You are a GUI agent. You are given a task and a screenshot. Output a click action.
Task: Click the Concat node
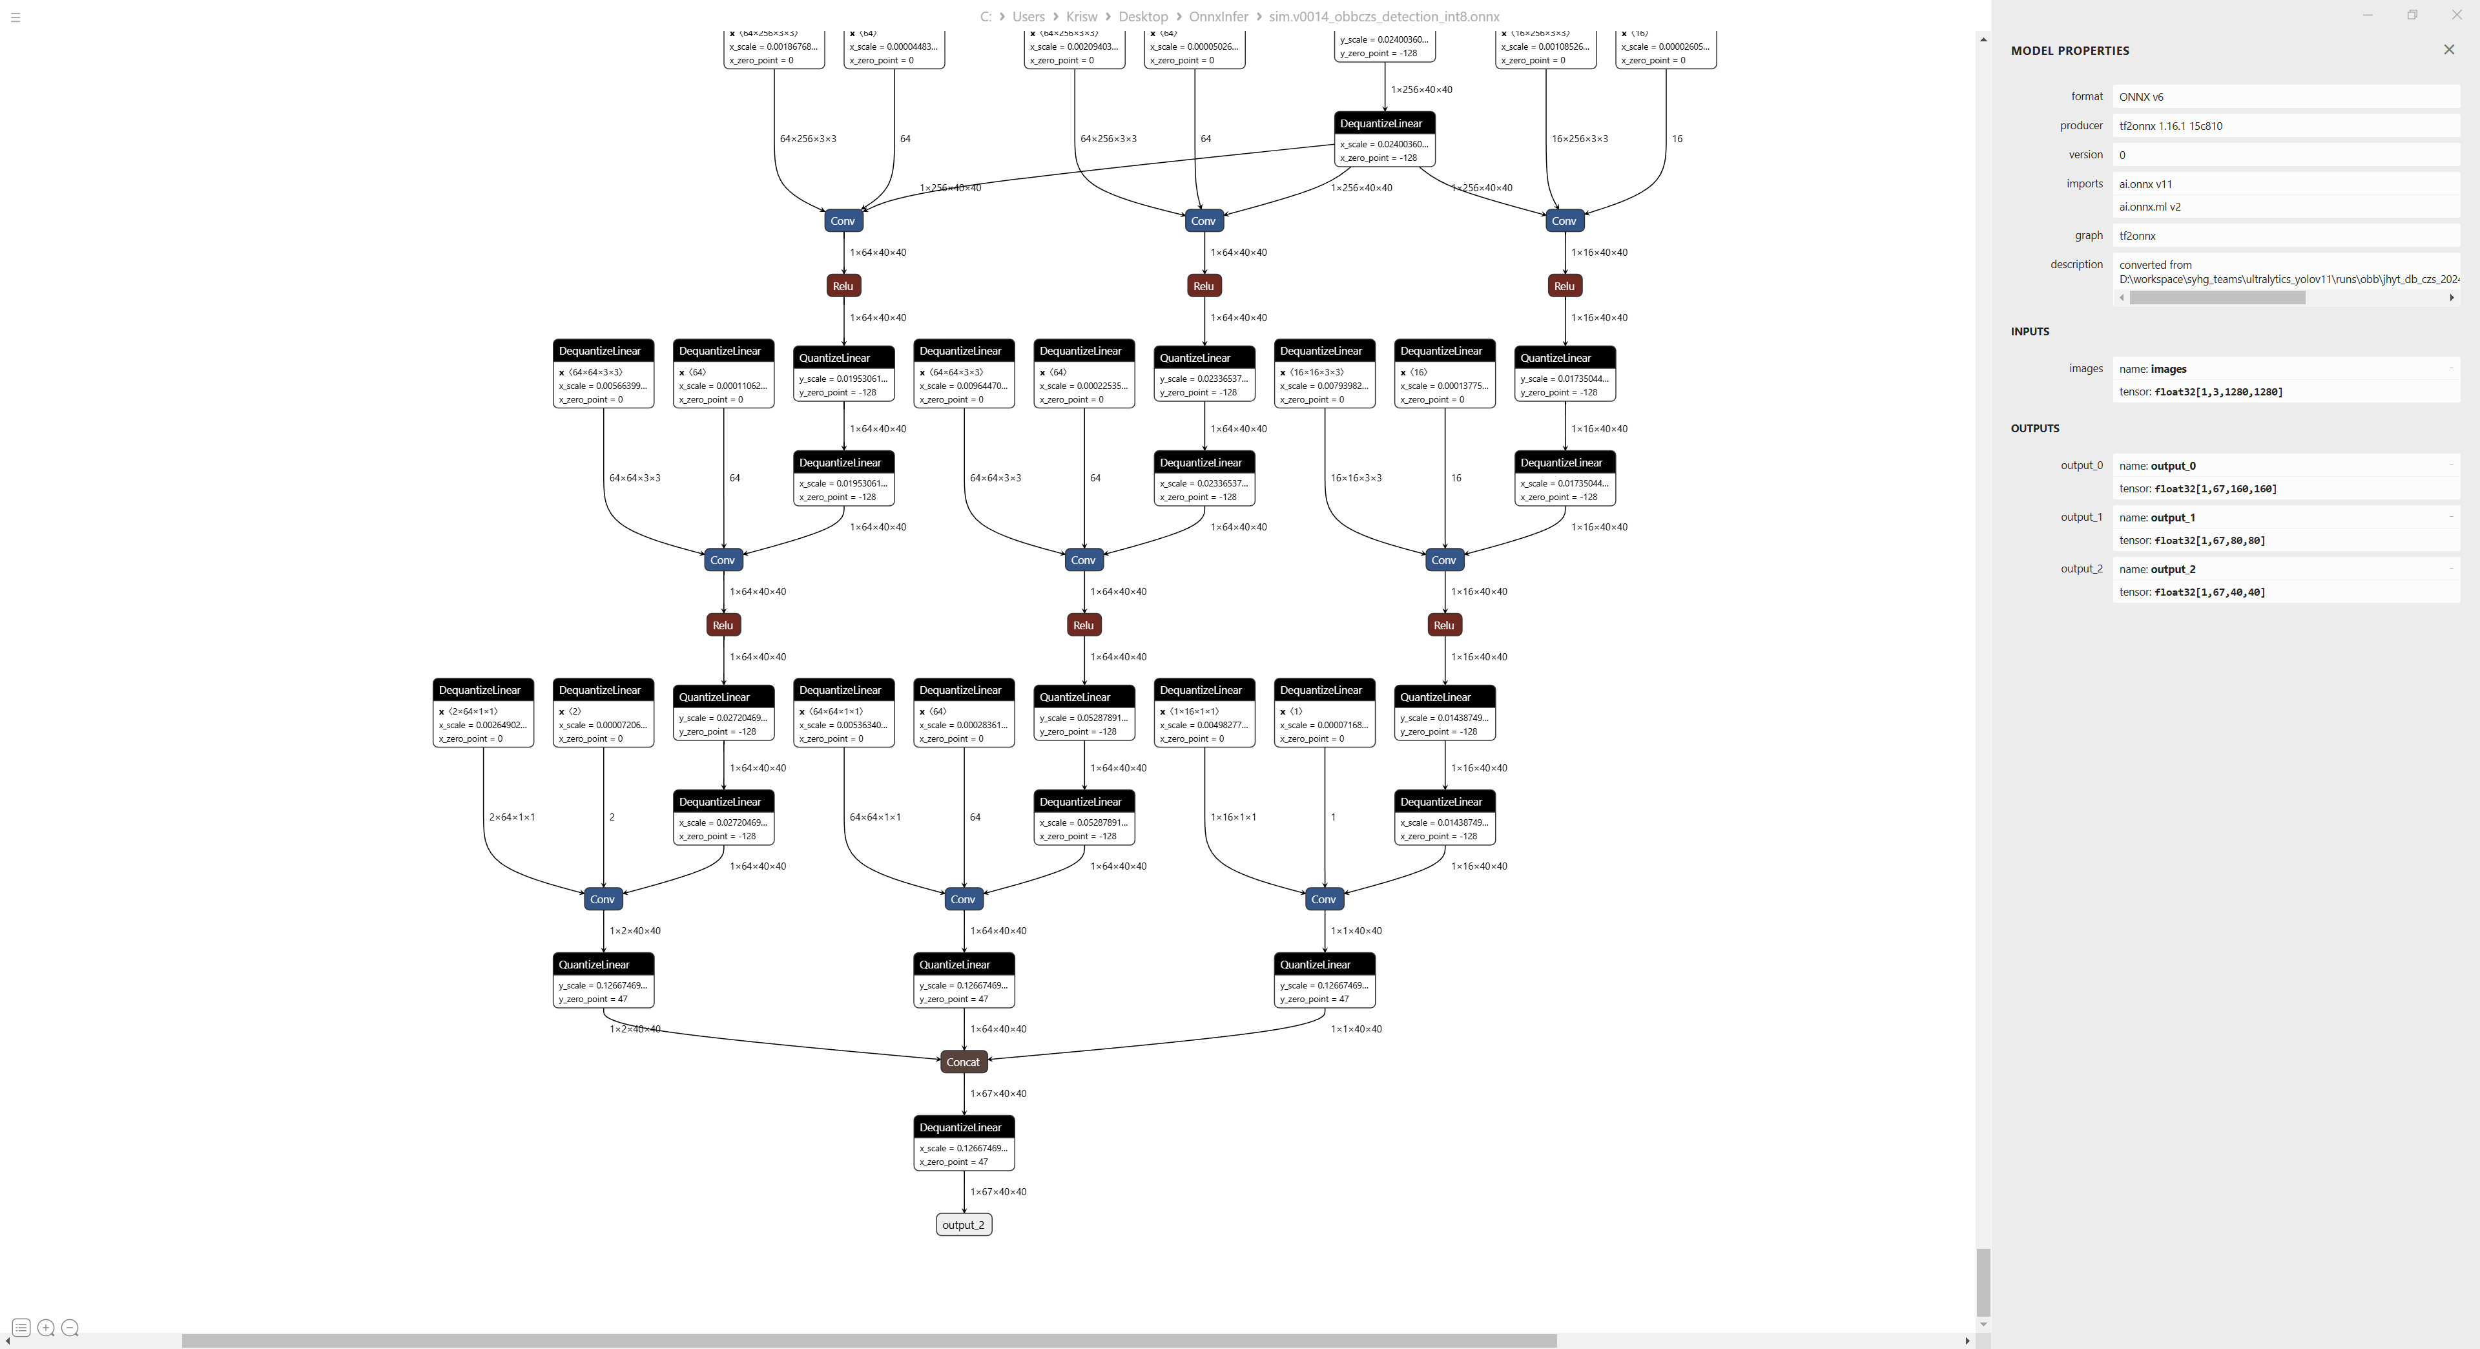963,1062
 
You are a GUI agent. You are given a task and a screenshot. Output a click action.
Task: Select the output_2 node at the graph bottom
963,1225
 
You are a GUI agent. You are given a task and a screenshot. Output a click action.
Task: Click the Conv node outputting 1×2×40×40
603,899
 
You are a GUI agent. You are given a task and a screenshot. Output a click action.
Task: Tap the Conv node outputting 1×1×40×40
1324,899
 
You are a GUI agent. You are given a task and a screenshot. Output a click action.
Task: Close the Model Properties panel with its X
2449,50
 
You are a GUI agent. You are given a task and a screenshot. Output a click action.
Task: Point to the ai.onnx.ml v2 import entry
2150,207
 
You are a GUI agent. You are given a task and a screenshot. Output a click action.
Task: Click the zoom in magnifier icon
45,1328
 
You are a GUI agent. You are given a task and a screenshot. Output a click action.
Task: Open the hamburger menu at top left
15,16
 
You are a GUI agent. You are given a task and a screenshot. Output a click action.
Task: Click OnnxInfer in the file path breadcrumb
1218,16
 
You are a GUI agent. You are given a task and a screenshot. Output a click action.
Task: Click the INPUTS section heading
2029,331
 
